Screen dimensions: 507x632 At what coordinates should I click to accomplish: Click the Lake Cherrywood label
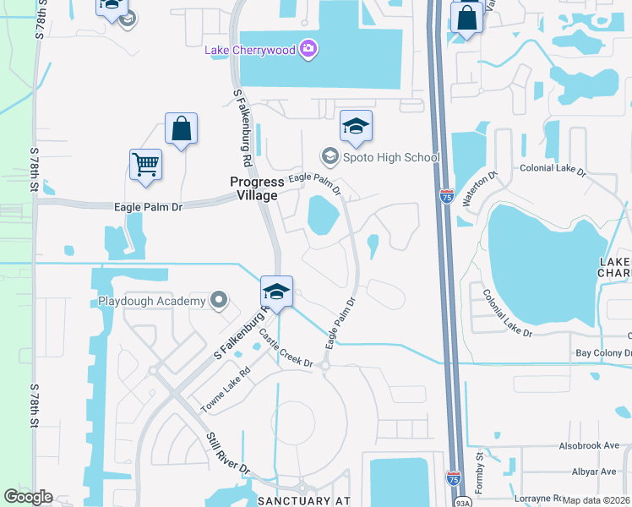point(250,50)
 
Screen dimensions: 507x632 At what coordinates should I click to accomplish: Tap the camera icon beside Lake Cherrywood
point(310,50)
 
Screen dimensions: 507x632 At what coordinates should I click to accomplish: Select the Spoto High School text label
point(391,157)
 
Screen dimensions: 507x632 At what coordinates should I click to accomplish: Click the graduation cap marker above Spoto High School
point(356,127)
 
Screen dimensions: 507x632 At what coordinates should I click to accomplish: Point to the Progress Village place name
point(256,188)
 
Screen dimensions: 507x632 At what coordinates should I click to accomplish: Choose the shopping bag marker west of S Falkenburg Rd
point(181,129)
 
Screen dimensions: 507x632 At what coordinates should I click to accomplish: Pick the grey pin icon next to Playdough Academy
point(220,300)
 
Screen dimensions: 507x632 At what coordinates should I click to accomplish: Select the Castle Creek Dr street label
point(286,348)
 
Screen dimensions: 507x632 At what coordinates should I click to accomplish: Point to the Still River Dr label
point(229,454)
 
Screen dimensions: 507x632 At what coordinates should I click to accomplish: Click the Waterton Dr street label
point(481,187)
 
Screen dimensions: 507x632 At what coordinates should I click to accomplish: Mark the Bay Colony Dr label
point(604,353)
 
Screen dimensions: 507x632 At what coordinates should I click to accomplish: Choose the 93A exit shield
point(463,502)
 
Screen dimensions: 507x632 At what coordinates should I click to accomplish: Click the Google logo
point(28,497)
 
